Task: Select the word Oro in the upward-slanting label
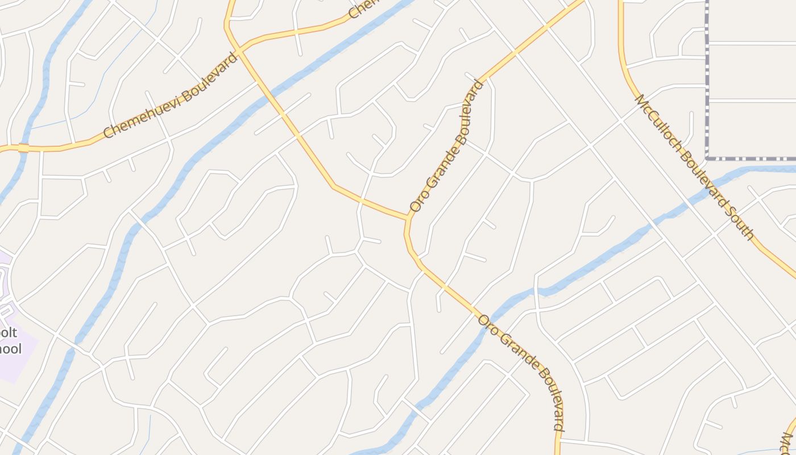pos(417,202)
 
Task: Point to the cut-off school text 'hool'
pos(11,349)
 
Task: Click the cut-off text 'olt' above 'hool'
pos(10,333)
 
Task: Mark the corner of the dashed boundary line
pos(707,158)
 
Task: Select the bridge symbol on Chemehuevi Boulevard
pos(23,148)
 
